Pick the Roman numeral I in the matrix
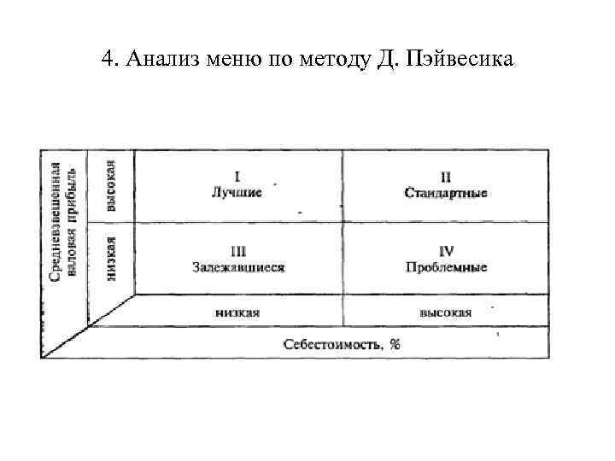click(237, 177)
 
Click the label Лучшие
click(237, 192)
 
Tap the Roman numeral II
click(445, 178)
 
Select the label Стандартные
click(445, 193)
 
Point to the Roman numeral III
click(238, 251)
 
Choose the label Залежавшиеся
click(238, 266)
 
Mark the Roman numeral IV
click(446, 251)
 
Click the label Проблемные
click(446, 266)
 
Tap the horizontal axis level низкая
click(237, 312)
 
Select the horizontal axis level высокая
click(445, 312)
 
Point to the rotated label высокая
click(110, 185)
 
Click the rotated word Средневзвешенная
click(56, 222)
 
